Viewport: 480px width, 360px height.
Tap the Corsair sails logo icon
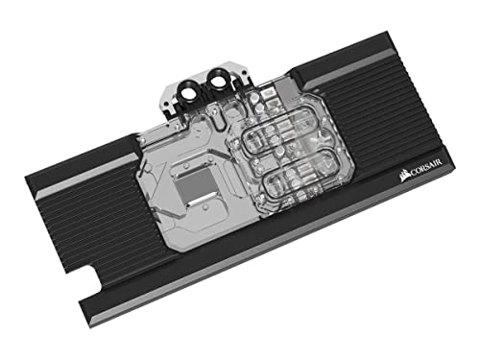[x=401, y=175]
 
